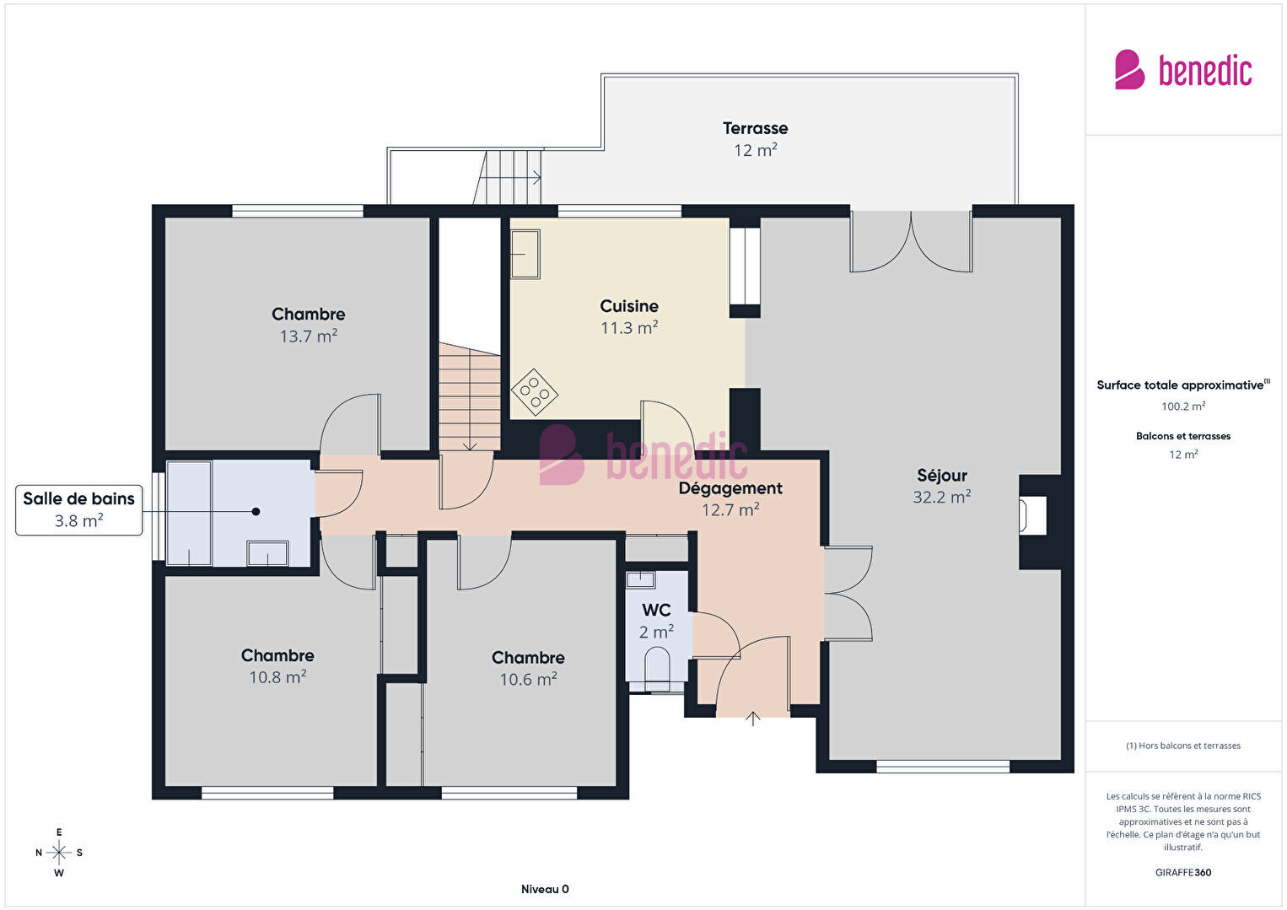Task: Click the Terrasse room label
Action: (x=755, y=128)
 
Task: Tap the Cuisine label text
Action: (x=628, y=306)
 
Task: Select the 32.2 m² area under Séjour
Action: (x=942, y=497)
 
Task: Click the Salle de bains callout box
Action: (x=78, y=510)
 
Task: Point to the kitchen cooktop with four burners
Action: (x=535, y=392)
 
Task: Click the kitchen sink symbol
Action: (x=525, y=254)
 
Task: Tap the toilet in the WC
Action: (x=657, y=669)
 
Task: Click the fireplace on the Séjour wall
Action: (x=1032, y=515)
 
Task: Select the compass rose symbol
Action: (x=58, y=853)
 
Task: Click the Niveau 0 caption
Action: (x=545, y=889)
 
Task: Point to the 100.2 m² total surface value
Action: (x=1183, y=407)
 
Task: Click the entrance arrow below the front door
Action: (x=752, y=719)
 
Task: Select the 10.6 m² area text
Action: (x=528, y=679)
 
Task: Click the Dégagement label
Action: (x=730, y=488)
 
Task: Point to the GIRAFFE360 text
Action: (x=1183, y=872)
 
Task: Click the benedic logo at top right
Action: (x=1183, y=70)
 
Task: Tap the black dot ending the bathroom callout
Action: (x=256, y=511)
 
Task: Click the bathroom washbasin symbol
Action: (x=267, y=554)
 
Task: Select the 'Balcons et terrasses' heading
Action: (x=1183, y=436)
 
